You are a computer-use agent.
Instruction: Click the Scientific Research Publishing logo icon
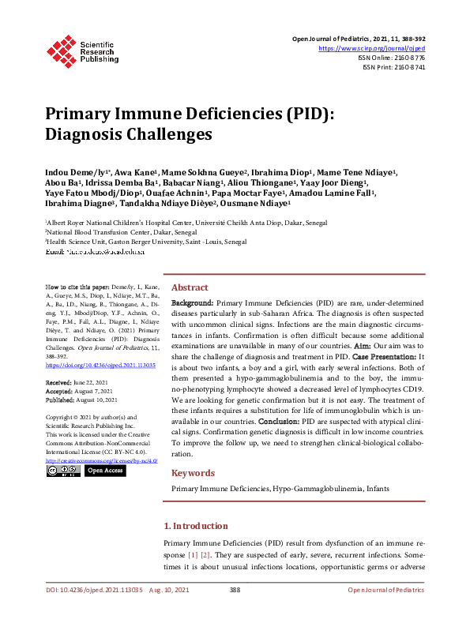[59, 50]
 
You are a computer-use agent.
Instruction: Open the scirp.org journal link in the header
[377, 48]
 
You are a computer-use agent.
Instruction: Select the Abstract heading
[190, 288]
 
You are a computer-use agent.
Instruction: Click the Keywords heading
[193, 473]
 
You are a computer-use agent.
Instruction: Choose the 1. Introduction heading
[195, 526]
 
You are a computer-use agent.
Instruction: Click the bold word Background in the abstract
[192, 303]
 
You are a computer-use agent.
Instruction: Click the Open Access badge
[105, 471]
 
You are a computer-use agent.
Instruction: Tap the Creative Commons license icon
[62, 471]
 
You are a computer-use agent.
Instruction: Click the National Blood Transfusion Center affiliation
[111, 234]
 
